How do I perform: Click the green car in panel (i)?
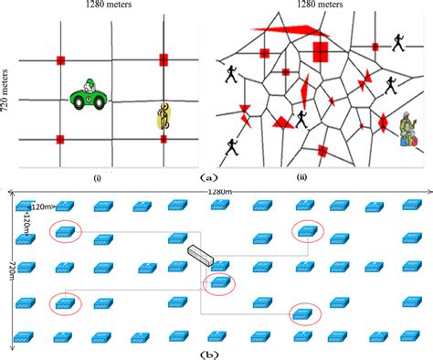tap(90, 95)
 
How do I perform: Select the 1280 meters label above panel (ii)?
tap(318, 5)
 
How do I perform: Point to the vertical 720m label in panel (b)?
tap(10, 270)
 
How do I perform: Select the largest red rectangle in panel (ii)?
tap(321, 50)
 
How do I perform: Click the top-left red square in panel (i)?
tap(60, 61)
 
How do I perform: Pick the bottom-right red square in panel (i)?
tap(164, 139)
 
